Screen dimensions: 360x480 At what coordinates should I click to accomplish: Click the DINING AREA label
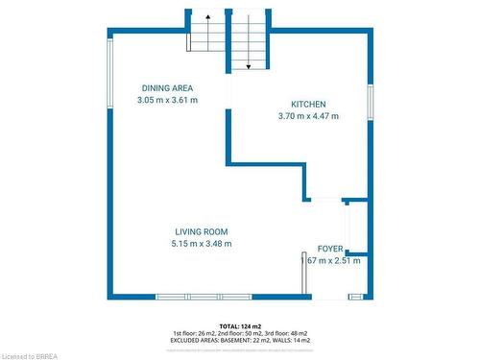167,87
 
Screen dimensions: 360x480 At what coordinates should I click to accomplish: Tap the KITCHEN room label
309,104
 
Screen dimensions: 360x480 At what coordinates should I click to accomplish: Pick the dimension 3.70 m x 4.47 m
308,116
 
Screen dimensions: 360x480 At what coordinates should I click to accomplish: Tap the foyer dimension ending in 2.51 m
332,260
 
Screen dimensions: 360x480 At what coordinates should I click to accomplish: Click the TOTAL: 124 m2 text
239,326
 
